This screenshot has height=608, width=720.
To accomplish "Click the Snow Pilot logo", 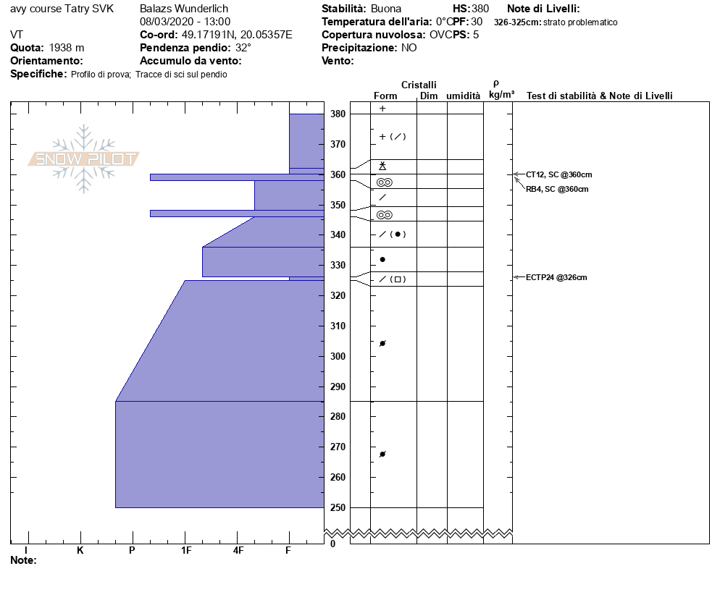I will (84, 159).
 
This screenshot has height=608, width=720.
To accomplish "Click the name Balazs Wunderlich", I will (184, 9).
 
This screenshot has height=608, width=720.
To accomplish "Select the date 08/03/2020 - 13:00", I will (185, 22).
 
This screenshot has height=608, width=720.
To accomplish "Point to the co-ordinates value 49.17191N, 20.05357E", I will (236, 35).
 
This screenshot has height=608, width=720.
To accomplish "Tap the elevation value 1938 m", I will (67, 48).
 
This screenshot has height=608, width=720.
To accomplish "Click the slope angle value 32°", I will (243, 48).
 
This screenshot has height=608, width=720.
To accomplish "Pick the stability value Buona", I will (386, 9).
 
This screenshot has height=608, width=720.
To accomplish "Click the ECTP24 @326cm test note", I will (556, 277).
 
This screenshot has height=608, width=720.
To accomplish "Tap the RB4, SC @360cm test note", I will (557, 189).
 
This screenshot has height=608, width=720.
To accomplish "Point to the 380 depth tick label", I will (338, 114).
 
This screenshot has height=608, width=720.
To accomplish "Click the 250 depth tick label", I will (338, 507).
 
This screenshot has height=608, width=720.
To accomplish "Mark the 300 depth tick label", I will (338, 356).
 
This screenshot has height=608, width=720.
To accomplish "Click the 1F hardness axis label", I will (186, 550).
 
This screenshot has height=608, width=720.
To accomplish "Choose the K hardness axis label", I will (80, 550).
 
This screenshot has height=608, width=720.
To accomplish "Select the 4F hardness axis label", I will (238, 550).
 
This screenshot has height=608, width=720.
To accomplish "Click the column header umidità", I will (464, 96).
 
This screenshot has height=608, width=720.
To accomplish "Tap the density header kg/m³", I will (502, 95).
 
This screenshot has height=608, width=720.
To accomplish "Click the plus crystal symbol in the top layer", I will (382, 109).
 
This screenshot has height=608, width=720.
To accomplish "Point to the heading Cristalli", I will (419, 85).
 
